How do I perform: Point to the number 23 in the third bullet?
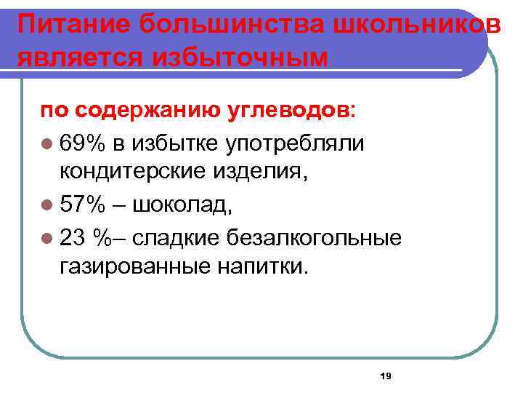click(x=73, y=237)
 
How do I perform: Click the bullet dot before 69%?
click(x=46, y=143)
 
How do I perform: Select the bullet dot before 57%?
click(x=46, y=207)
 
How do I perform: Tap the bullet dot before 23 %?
click(x=46, y=238)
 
